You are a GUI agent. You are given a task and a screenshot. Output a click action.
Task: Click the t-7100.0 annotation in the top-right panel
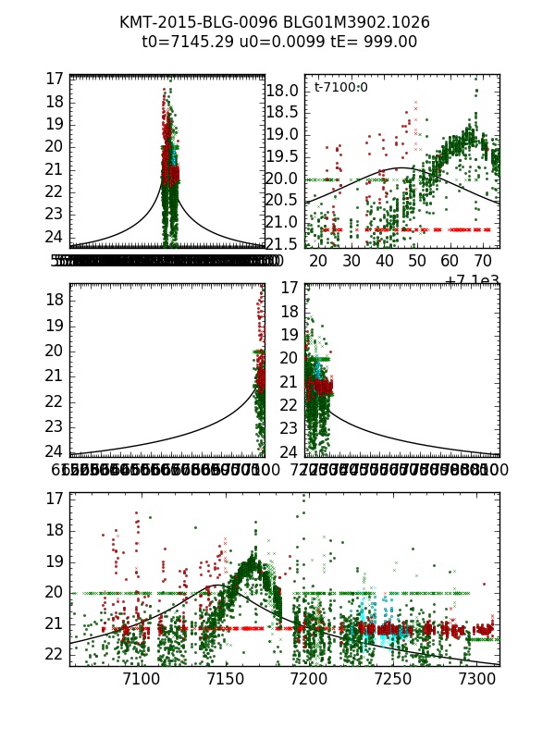tap(340, 87)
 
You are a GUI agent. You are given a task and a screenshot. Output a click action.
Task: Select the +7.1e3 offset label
tap(472, 280)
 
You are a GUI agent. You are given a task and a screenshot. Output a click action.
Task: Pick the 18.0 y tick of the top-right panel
tap(282, 91)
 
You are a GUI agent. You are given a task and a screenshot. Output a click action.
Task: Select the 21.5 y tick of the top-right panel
tap(282, 243)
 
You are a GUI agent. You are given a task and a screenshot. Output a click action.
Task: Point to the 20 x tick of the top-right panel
tap(318, 262)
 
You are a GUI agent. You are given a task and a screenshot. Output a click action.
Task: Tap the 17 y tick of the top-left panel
tap(53, 80)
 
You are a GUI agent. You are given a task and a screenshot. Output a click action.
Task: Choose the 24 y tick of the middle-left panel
tap(53, 451)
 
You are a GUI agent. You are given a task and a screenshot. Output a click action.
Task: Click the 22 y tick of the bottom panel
tap(53, 654)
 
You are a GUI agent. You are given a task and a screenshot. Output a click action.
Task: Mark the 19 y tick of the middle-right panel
tap(289, 335)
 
